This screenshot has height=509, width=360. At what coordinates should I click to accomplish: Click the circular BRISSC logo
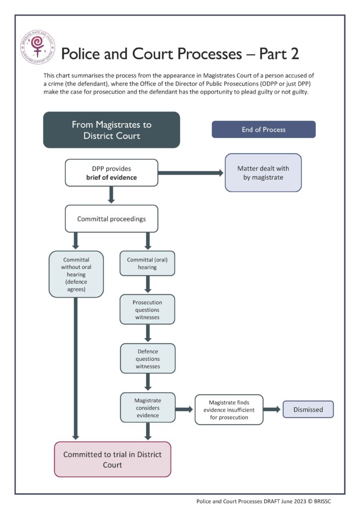click(x=38, y=47)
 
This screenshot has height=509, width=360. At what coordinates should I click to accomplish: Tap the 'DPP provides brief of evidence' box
click(x=111, y=172)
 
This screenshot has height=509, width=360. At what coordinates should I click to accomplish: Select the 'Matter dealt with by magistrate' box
click(x=263, y=172)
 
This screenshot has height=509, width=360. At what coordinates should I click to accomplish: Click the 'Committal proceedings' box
click(x=111, y=219)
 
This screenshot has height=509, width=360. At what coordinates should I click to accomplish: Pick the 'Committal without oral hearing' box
click(x=76, y=274)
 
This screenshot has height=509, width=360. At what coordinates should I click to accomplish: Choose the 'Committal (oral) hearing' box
click(x=147, y=263)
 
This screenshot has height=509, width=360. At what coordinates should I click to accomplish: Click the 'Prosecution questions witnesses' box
click(x=147, y=309)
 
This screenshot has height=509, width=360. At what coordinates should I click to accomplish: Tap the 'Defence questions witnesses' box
click(x=148, y=358)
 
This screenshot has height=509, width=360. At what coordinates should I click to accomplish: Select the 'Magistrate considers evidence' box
click(x=148, y=408)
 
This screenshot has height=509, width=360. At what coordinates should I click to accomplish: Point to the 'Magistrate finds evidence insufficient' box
click(x=229, y=410)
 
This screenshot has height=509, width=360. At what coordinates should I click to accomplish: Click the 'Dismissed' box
click(x=308, y=410)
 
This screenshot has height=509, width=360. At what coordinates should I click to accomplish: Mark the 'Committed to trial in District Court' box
click(x=112, y=459)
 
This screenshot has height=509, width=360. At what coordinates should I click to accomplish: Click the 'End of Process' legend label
click(x=264, y=130)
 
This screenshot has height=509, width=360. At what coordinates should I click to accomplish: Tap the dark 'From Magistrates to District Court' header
click(x=111, y=130)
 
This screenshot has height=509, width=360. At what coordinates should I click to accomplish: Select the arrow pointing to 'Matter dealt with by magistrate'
click(x=191, y=172)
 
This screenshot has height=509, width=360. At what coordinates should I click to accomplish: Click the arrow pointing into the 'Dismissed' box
click(x=271, y=410)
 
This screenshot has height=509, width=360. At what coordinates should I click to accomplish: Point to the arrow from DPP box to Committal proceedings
click(x=111, y=195)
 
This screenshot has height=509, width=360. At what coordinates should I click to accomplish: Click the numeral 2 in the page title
click(x=295, y=54)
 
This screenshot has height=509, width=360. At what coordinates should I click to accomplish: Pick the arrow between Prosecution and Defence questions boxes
click(x=148, y=333)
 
